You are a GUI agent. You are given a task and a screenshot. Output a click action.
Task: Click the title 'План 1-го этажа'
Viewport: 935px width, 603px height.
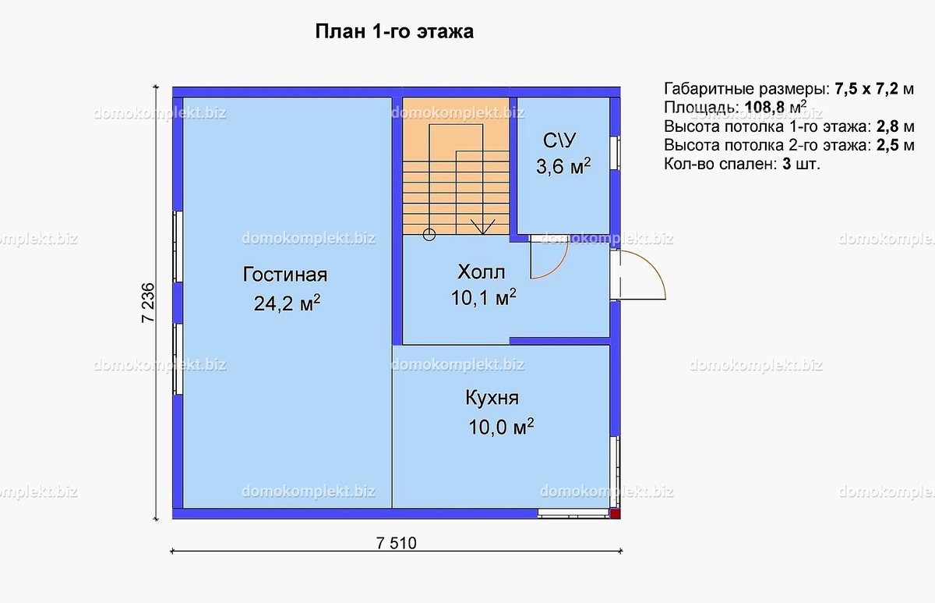point(394,32)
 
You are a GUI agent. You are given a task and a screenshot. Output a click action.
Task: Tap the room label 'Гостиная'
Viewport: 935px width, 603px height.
point(284,275)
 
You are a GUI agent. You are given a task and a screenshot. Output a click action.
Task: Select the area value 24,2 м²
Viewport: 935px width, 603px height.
point(287,303)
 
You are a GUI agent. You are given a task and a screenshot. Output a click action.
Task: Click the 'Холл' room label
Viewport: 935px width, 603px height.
point(481,272)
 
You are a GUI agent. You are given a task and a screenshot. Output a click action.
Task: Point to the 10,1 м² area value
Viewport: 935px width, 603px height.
point(483,297)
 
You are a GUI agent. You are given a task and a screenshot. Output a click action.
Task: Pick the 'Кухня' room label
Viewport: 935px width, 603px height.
point(492,399)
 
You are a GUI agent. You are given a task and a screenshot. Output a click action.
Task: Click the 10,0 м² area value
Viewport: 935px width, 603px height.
point(500,427)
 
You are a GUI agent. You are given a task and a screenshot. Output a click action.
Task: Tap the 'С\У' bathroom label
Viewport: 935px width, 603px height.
point(559,141)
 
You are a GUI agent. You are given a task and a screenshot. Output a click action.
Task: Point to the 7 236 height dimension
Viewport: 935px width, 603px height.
point(148,302)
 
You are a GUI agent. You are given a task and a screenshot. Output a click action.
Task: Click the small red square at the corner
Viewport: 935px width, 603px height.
point(615,513)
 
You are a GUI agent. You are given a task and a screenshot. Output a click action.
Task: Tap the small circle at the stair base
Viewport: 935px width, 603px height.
point(428,233)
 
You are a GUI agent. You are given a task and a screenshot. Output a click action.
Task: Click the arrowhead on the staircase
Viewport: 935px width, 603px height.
point(483,228)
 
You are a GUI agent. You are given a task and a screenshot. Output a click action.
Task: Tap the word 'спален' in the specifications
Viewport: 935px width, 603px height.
point(748,165)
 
